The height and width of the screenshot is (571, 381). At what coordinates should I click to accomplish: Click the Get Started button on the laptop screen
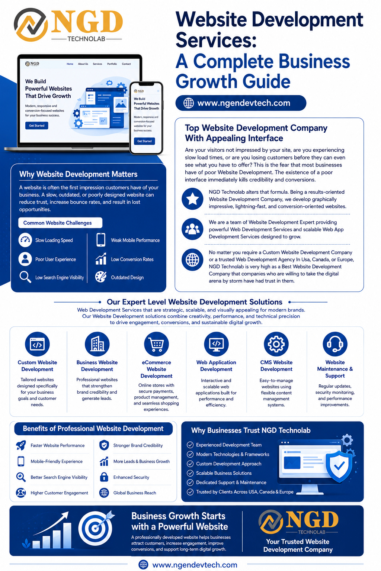coord(36,125)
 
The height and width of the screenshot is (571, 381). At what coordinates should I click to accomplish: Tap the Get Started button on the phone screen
coord(144,141)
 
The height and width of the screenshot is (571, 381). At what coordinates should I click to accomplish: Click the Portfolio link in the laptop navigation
coord(112,64)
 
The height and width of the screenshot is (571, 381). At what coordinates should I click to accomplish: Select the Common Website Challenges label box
coord(60,223)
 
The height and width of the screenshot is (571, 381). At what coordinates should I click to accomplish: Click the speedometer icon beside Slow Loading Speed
coord(25,240)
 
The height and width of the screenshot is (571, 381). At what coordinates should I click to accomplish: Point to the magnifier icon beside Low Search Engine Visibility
coord(25,277)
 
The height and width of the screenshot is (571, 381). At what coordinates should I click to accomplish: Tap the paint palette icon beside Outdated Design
coord(101,277)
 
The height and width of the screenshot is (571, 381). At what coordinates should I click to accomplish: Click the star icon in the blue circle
coord(192,199)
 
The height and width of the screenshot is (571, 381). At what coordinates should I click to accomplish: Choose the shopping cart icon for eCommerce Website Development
coord(156,344)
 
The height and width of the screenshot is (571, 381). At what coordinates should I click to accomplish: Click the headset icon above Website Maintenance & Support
coord(335,344)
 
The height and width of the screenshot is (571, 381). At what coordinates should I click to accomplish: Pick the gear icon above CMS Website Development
coord(276,344)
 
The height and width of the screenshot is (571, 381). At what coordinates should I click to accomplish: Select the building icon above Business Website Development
coord(97,344)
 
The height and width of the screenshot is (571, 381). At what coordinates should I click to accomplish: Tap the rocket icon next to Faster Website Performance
coord(21,445)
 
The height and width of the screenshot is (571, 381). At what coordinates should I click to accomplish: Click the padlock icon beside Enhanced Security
coord(104,477)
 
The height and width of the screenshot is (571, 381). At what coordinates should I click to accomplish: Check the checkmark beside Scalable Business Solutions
coord(190,473)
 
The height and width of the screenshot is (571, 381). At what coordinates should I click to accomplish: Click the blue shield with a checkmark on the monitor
coord(339,466)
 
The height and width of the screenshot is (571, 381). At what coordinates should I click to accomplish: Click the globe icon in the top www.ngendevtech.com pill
coord(189,103)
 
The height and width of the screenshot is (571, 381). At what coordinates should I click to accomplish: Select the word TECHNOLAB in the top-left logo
coord(87,39)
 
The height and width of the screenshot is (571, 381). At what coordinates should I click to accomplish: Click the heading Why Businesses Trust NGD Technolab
coord(251,430)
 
